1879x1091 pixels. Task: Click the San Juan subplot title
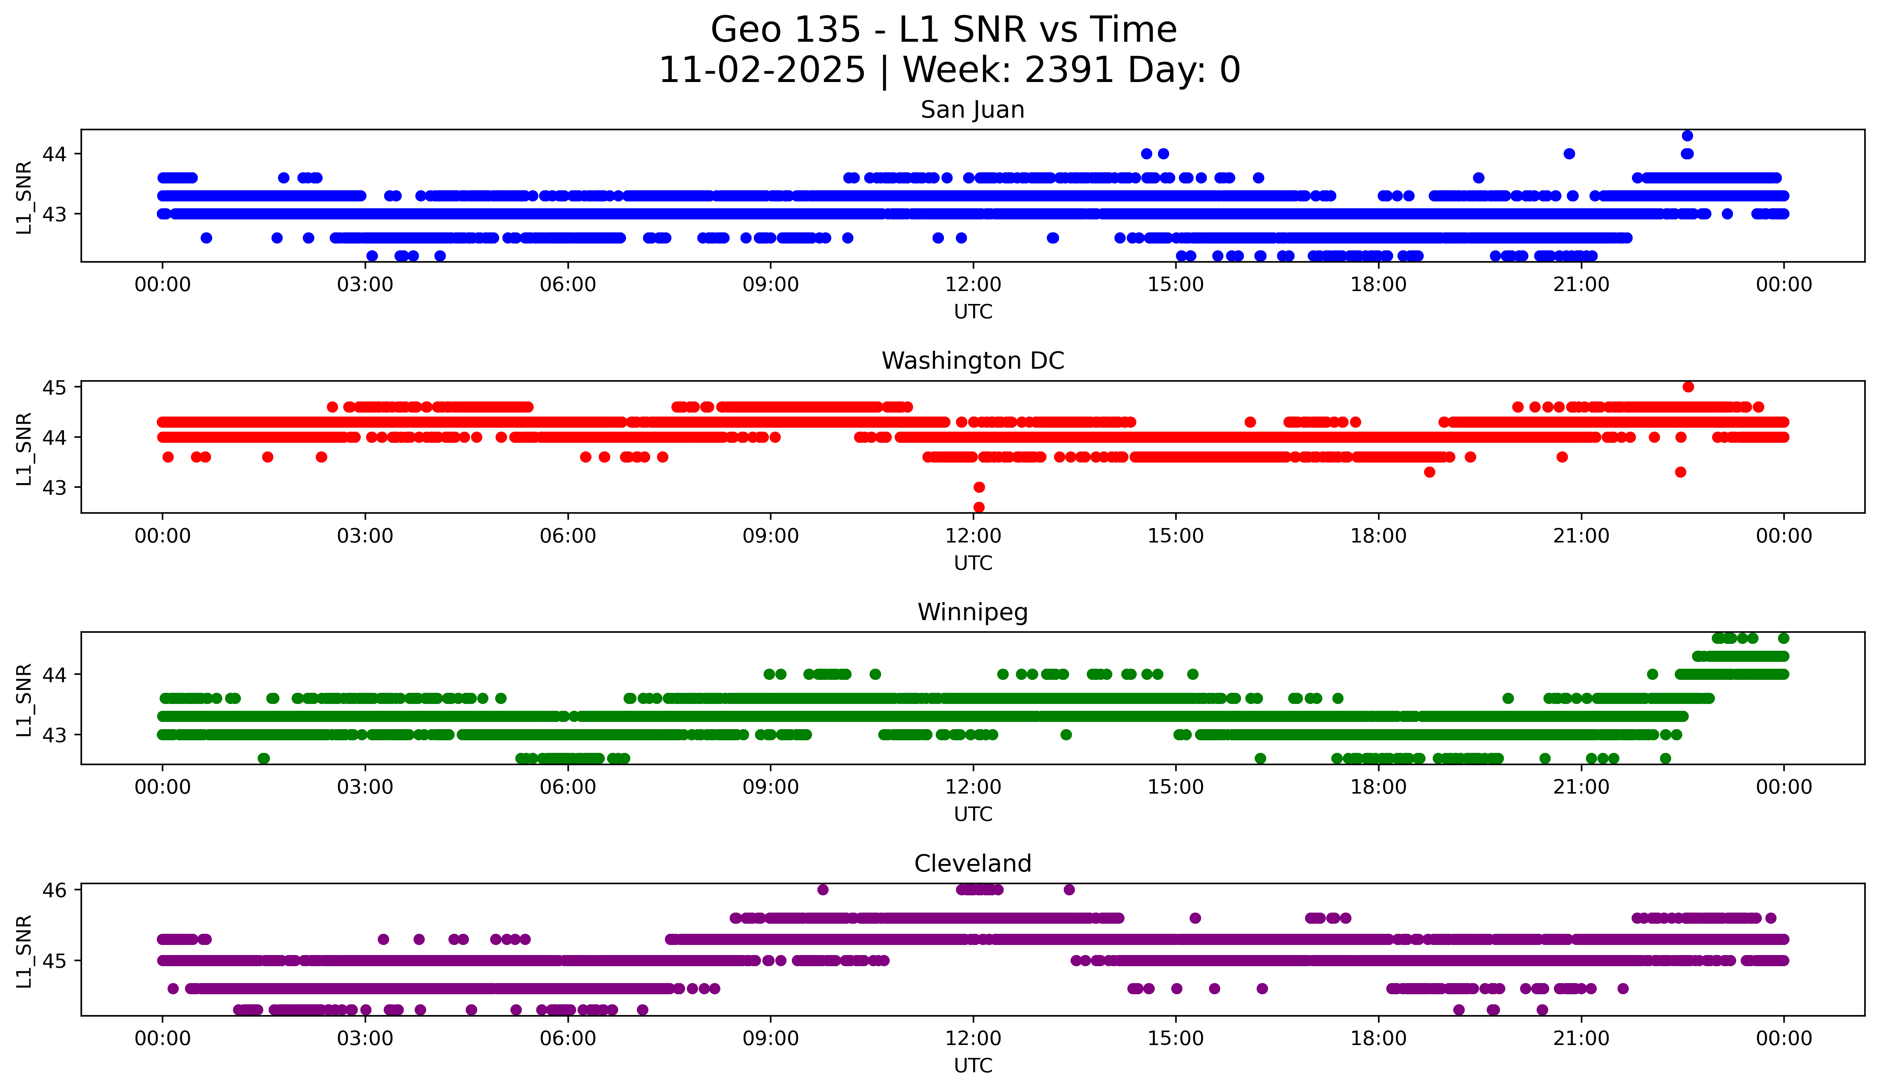coord(972,110)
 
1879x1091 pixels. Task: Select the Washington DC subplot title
coord(972,361)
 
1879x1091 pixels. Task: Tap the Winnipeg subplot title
coord(972,612)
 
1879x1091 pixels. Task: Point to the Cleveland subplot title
coord(972,864)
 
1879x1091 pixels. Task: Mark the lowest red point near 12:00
coord(979,507)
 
